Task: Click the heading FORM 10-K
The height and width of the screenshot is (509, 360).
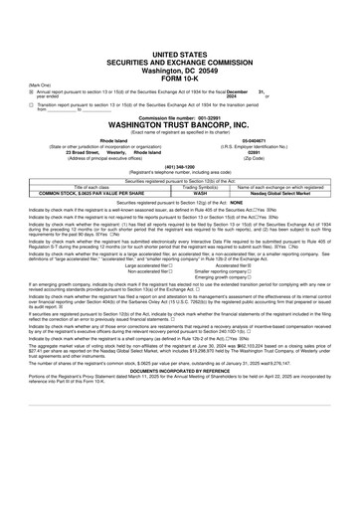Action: point(180,53)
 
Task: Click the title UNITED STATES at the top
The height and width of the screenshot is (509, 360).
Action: point(180,30)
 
